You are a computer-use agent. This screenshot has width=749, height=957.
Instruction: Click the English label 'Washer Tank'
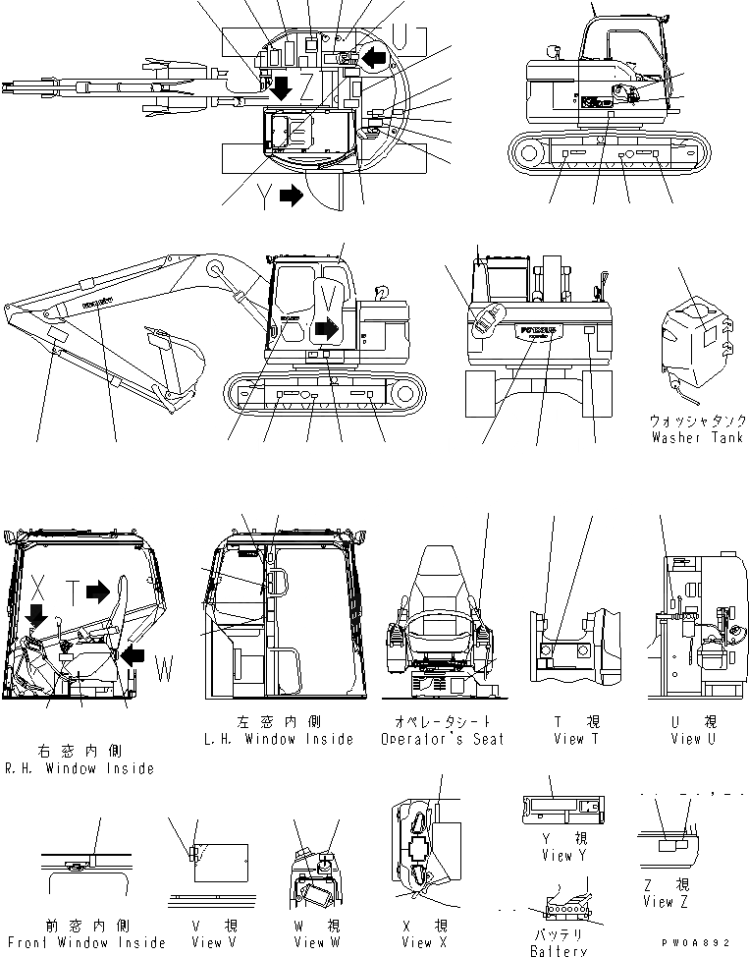(x=697, y=437)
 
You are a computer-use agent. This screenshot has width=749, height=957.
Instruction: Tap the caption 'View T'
(x=568, y=739)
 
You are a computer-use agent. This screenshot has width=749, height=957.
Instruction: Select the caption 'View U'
(x=692, y=739)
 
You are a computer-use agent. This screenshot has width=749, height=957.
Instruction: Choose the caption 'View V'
(x=207, y=942)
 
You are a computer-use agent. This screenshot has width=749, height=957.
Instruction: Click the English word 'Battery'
(x=558, y=950)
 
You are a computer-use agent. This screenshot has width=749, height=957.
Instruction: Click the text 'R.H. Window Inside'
(x=80, y=768)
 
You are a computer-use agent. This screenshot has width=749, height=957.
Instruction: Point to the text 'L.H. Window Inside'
(x=283, y=739)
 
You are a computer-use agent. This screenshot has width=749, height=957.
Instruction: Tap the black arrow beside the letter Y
(x=292, y=195)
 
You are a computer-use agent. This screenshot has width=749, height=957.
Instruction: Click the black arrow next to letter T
(x=98, y=591)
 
